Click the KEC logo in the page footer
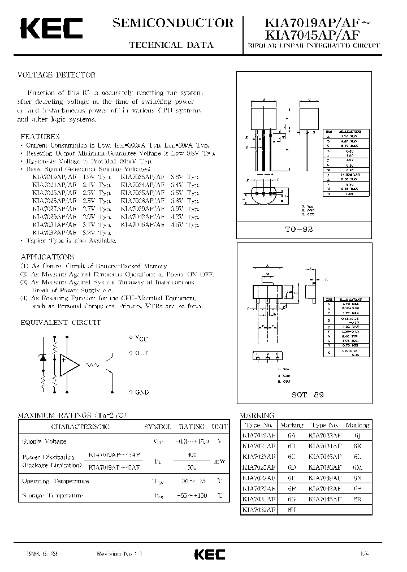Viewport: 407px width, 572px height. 209,554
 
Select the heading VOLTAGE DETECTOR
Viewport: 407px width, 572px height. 58,75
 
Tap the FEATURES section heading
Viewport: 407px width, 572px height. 40,137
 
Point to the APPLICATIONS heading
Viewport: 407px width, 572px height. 48,257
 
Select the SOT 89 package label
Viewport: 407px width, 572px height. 308,395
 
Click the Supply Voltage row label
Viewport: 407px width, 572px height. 44,441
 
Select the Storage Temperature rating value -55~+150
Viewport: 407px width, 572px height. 191,496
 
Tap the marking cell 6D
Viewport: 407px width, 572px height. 292,467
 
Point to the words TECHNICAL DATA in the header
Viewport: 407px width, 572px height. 172,45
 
